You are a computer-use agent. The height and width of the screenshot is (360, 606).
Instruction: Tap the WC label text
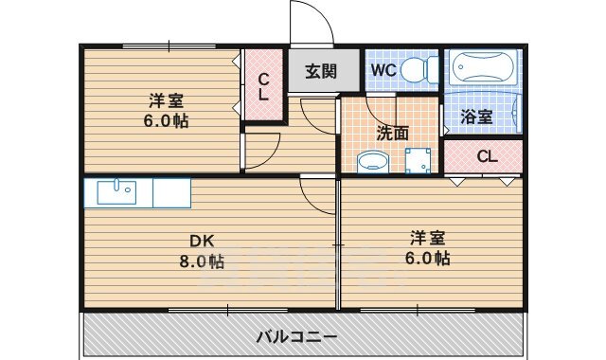coord(383,69)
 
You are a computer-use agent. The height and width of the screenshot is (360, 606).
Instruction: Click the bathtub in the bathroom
coord(482,68)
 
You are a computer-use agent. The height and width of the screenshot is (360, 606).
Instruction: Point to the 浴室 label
coord(475,117)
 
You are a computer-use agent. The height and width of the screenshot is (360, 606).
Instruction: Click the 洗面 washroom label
coord(392,134)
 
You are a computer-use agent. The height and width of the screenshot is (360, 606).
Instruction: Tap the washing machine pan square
coord(417,160)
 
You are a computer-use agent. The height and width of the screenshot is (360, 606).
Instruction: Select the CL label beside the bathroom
coord(487,156)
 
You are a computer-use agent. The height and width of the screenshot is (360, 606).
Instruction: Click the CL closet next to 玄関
coord(263,86)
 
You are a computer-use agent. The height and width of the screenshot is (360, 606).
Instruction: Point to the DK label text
coord(202,241)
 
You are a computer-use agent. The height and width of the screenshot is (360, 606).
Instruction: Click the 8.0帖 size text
coord(204,261)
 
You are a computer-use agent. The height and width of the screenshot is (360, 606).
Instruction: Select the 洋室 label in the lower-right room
coord(428,237)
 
